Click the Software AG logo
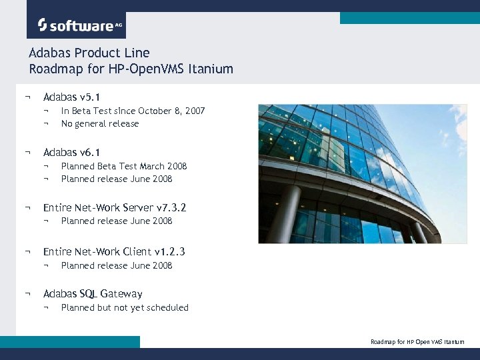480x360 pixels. pos(75,25)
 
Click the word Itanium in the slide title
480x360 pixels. pos(211,69)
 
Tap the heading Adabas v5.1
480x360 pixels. pos(71,97)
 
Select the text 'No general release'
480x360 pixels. pos(100,123)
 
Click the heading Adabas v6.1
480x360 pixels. pos(71,153)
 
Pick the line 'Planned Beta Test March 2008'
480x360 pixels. pos(124,166)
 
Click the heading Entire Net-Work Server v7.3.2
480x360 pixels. pos(115,208)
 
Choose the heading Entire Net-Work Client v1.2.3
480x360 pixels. pos(114,252)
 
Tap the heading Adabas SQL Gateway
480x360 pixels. pos(93,294)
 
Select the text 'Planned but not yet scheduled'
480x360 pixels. pos(125,307)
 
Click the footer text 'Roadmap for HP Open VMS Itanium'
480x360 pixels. pos(417,342)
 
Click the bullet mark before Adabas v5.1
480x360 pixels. pos(27,97)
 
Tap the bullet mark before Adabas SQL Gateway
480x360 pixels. pos(27,294)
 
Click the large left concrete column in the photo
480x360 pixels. pos(285,213)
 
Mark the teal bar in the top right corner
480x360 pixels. pos(409,18)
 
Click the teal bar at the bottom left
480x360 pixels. pos(70,341)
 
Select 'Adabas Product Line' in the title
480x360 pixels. pos(89,53)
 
